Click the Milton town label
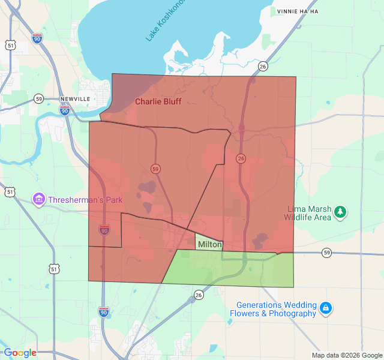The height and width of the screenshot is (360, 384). click(210, 245)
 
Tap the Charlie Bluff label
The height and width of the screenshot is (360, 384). click(158, 101)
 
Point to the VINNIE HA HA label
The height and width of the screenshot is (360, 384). click(297, 11)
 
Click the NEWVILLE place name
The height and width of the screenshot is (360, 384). click(75, 98)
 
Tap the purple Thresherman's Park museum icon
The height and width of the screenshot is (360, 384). click(39, 199)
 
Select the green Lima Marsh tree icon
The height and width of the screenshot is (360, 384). click(340, 211)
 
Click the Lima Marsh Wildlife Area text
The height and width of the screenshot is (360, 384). click(309, 213)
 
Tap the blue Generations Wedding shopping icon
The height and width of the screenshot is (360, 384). click(325, 308)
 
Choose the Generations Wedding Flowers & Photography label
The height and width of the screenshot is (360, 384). click(276, 309)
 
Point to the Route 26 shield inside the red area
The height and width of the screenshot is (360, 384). click(241, 158)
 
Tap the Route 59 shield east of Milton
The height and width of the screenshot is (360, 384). click(326, 254)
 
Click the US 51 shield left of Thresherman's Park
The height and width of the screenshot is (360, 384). click(10, 192)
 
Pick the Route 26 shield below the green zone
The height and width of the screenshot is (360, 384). click(199, 295)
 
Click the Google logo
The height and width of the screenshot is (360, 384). click(20, 353)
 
